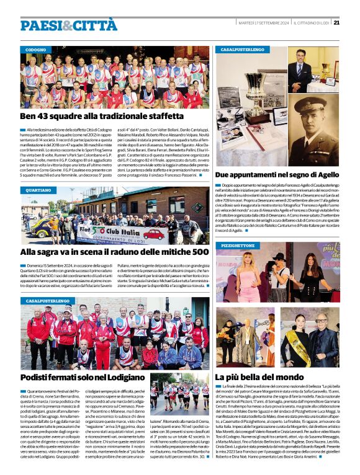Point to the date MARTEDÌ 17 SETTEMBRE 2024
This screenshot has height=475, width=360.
click(x=264, y=23)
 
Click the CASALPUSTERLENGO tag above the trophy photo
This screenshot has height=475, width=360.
click(x=242, y=48)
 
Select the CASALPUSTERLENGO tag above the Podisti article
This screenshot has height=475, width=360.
click(x=48, y=300)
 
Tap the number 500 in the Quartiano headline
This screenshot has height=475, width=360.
click(x=200, y=252)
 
